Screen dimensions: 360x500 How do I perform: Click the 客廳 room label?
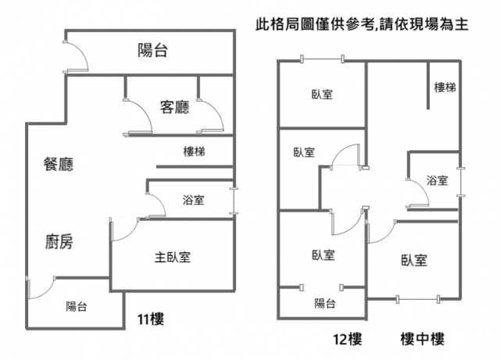174,107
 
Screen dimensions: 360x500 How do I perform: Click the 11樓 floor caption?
150,319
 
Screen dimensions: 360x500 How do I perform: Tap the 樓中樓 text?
422,339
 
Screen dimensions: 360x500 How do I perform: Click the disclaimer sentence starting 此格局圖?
362,25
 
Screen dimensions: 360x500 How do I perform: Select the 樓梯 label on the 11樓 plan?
194,151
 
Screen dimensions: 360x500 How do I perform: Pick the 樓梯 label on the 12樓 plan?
445,87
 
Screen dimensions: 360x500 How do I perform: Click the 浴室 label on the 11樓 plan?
193,200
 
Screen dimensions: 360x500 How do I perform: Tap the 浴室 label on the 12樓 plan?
437,181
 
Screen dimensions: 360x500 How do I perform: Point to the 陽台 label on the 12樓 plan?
324,304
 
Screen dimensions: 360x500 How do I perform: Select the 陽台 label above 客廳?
153,52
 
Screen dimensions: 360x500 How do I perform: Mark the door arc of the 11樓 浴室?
156,202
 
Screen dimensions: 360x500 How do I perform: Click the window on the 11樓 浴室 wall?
233,199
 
